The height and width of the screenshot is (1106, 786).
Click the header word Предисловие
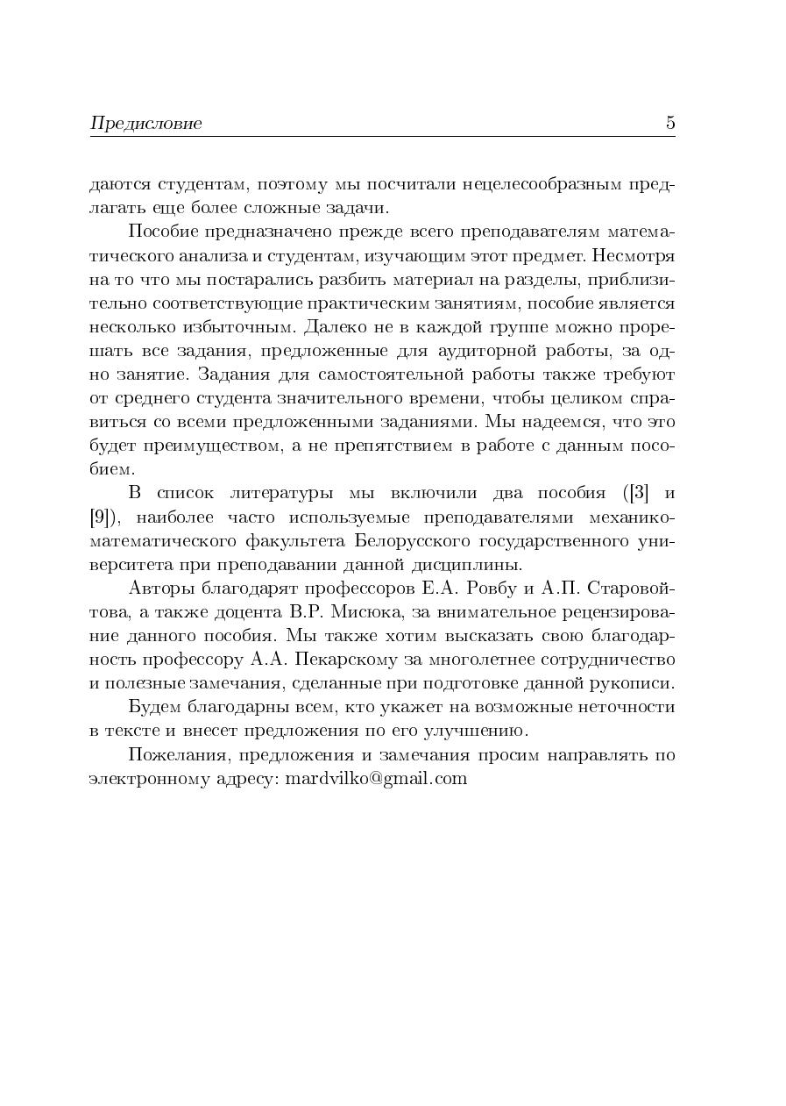click(145, 124)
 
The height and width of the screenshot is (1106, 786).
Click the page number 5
click(670, 123)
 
